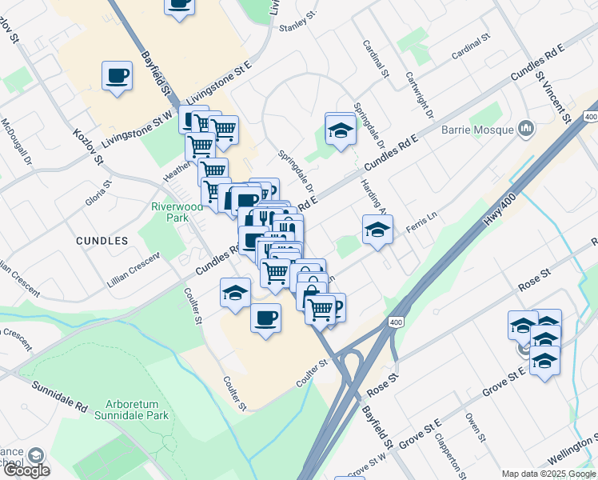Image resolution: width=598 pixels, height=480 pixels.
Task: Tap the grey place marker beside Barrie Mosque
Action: point(526,128)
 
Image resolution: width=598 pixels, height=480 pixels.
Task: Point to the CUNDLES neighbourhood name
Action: point(102,240)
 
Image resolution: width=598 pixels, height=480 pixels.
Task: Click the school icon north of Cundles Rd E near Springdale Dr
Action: point(340,128)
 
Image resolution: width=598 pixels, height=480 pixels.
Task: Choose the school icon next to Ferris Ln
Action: point(377,230)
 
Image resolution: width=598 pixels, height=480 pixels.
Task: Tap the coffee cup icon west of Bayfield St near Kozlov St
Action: point(118,76)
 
